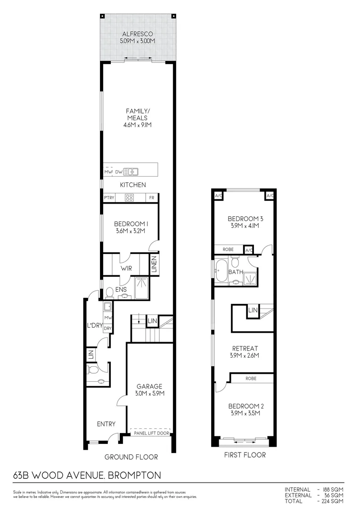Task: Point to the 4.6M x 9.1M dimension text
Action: (137, 125)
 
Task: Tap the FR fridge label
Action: (152, 198)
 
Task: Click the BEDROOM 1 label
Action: (131, 224)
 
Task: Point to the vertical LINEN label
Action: (154, 264)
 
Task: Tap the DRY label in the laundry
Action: (107, 328)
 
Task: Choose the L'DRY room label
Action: (95, 325)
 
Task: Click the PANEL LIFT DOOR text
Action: (151, 433)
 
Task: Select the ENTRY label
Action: (106, 424)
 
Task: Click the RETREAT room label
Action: (244, 348)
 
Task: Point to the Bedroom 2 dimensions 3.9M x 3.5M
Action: (244, 413)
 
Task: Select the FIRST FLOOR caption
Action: (245, 455)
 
